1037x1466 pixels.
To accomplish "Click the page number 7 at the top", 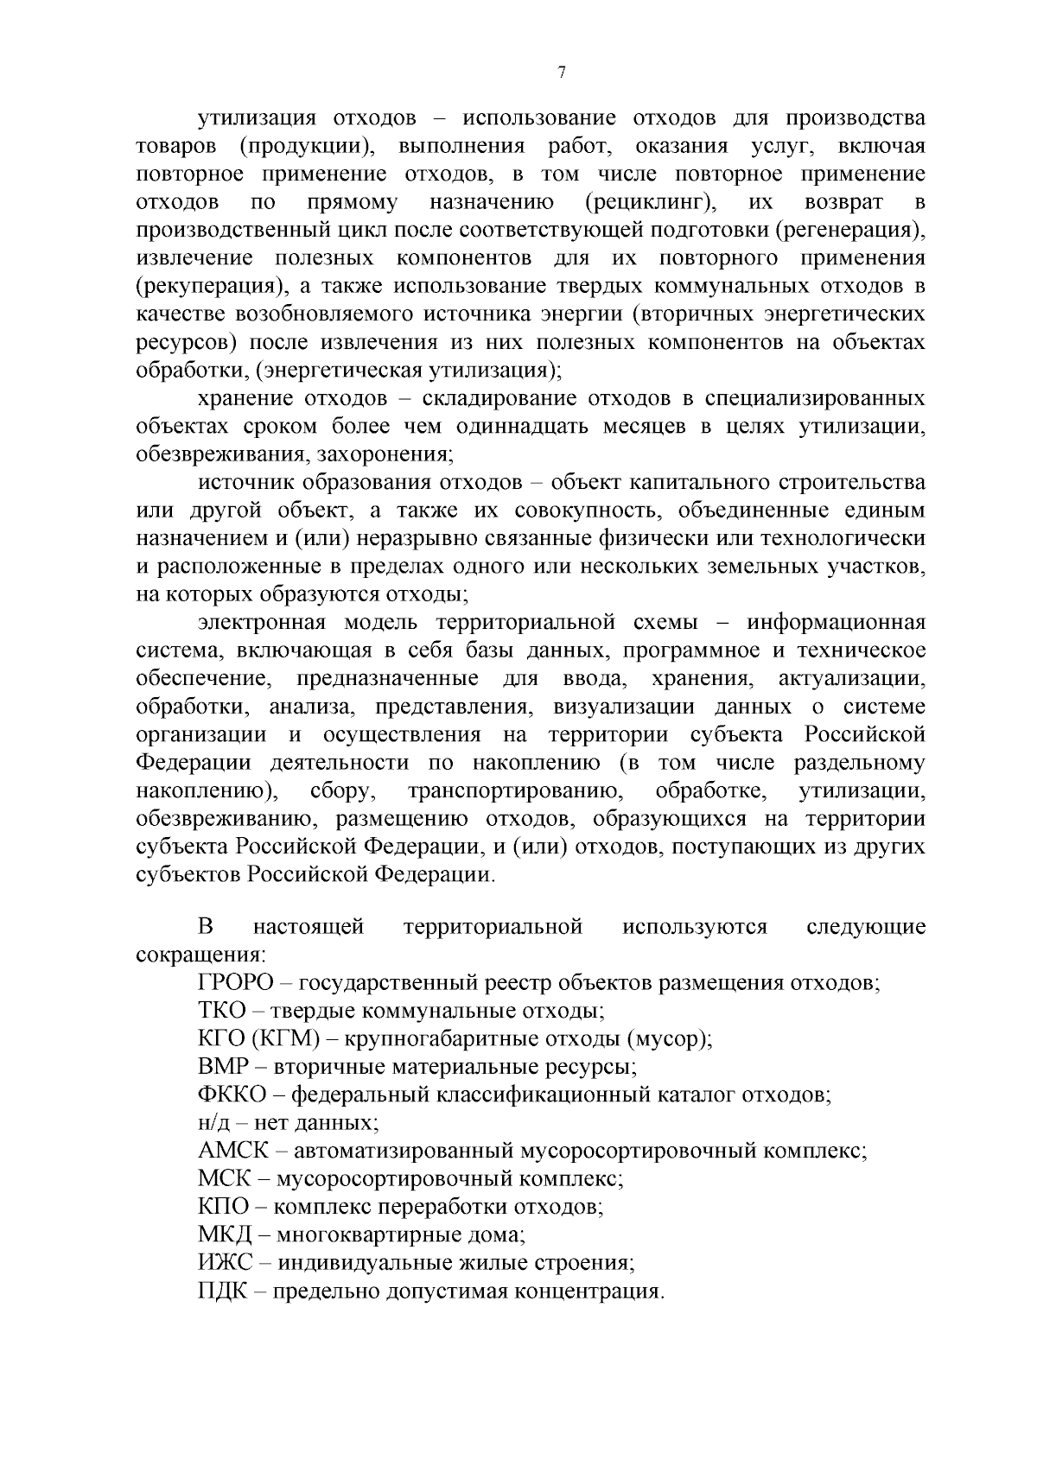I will point(562,73).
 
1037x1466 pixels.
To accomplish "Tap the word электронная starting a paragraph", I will point(262,622).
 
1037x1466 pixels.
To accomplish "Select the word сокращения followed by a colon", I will point(200,955).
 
